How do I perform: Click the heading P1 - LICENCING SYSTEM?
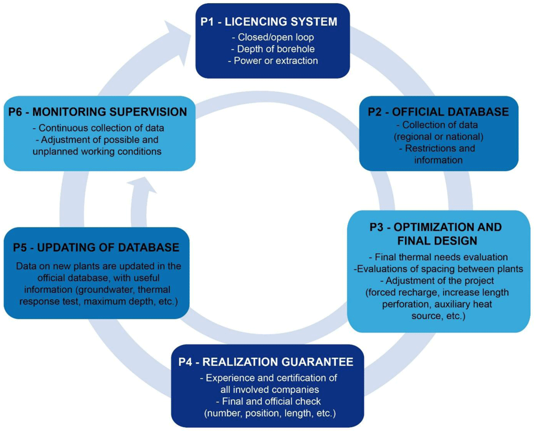269,22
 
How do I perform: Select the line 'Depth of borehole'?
272,49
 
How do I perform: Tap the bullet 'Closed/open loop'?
272,37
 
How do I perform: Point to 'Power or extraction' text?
272,61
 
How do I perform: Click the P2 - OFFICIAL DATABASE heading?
438,112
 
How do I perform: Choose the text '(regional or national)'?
438,137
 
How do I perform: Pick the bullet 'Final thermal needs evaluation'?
438,257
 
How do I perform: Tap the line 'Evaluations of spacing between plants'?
438,269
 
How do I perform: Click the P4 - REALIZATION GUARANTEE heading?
265,362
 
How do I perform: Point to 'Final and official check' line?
268,401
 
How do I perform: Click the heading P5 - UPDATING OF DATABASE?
96,247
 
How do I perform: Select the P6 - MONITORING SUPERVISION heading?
98,112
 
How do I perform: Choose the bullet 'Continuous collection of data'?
98,128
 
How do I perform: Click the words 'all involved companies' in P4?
270,389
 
